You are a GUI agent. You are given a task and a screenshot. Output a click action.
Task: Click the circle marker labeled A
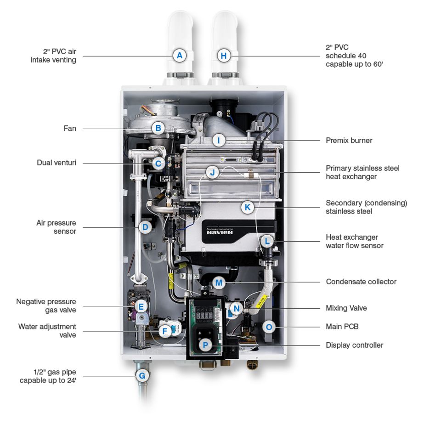[180, 56]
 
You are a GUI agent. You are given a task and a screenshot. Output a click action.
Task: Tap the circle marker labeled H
[224, 56]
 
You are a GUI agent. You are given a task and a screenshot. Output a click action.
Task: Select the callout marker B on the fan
[158, 129]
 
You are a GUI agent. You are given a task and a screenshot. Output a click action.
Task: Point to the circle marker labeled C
[158, 163]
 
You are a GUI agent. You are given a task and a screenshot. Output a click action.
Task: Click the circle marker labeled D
[145, 227]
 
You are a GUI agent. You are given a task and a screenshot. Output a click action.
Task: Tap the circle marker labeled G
[142, 376]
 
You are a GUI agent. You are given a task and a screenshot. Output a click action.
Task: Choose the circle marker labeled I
[219, 140]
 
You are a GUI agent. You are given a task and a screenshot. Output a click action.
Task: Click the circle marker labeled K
[248, 208]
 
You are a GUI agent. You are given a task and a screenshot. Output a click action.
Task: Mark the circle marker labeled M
[219, 282]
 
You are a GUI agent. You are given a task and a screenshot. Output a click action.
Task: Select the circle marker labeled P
[205, 345]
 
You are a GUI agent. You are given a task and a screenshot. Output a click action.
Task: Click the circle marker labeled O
[269, 327]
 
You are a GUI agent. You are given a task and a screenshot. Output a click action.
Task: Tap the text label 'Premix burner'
[349, 140]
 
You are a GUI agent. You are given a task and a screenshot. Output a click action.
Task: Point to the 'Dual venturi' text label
[57, 163]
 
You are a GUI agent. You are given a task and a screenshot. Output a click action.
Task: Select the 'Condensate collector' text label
[361, 281]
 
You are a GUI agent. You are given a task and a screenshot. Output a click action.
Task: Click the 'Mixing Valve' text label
[346, 308]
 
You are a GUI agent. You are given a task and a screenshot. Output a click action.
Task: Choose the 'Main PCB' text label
[342, 327]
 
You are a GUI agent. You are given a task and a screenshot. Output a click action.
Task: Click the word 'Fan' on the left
[70, 129]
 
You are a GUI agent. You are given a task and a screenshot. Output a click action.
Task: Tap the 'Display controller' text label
[354, 345]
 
